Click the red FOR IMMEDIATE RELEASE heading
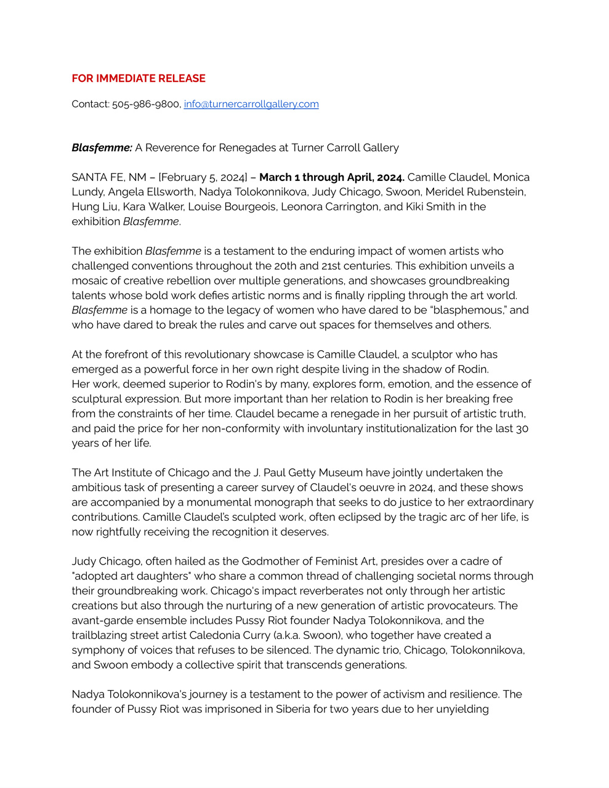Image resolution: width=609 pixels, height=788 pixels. coord(139,78)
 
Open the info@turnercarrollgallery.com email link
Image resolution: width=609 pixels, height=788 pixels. coord(251,104)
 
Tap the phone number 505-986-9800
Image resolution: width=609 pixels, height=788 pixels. coord(146,104)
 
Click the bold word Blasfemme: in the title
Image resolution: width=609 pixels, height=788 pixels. coord(102,148)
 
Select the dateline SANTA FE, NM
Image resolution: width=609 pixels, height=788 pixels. coord(109,177)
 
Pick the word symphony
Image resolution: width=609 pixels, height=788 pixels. coord(95,650)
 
